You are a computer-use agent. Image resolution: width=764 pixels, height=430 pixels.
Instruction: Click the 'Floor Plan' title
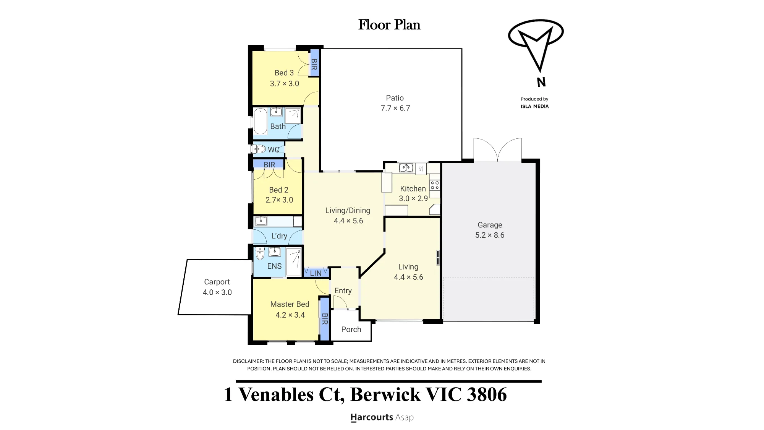(x=389, y=25)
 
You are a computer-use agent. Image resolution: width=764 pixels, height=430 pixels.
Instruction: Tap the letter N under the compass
(x=541, y=82)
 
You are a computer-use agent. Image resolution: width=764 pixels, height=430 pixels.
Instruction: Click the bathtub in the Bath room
(x=261, y=122)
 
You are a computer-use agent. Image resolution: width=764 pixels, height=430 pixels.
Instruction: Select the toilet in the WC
(x=259, y=149)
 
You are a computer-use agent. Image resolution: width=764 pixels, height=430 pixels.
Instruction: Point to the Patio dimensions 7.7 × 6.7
(x=395, y=108)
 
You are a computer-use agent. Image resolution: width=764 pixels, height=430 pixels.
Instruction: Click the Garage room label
(x=490, y=225)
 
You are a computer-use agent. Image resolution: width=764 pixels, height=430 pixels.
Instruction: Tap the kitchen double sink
(x=406, y=168)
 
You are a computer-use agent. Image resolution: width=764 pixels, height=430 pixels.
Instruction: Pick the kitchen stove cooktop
(x=435, y=185)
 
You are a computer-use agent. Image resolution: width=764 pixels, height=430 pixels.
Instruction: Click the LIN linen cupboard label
(x=316, y=273)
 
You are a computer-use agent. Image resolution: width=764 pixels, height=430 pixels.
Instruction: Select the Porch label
(x=351, y=329)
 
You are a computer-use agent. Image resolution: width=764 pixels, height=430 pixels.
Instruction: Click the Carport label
(x=217, y=282)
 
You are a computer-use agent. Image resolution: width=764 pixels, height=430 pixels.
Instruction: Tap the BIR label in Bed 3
(x=314, y=64)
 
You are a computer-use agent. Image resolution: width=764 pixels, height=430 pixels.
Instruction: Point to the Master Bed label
(x=290, y=304)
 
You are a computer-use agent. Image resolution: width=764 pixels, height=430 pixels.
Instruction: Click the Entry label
(x=343, y=291)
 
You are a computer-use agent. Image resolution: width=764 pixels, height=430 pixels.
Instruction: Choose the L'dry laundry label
(x=279, y=236)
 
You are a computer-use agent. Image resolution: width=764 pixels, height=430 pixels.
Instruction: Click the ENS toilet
(x=260, y=253)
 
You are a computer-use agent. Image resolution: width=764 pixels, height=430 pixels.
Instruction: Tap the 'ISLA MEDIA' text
(x=534, y=106)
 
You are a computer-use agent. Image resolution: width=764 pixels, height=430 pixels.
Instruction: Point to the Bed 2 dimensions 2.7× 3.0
(x=279, y=200)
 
